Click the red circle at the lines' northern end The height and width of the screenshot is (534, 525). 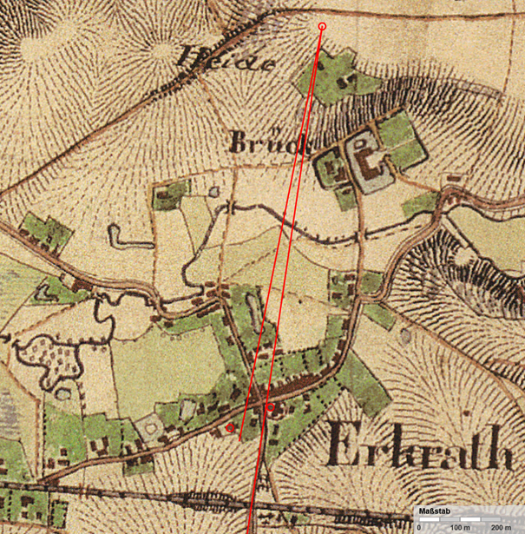click(322, 27)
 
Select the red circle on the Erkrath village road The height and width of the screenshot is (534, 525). click(270, 406)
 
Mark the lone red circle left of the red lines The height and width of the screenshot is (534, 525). click(230, 427)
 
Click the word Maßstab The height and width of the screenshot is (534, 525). click(433, 511)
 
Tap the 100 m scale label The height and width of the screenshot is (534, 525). click(461, 527)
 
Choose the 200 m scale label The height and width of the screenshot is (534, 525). click(501, 527)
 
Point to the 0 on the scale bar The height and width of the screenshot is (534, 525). click(420, 527)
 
